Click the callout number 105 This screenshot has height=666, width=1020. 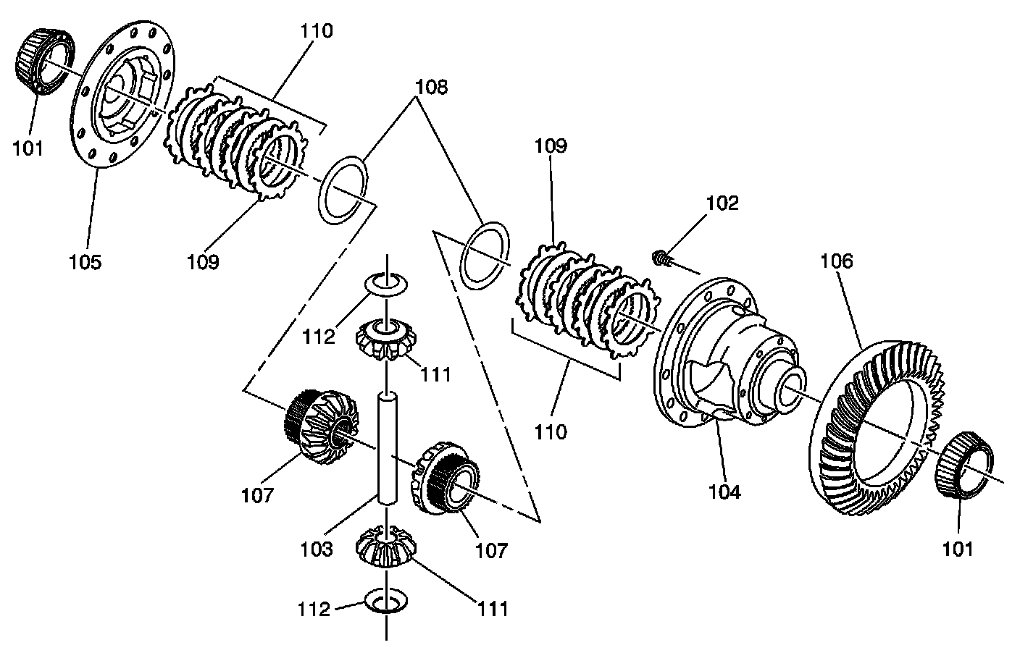coord(85,261)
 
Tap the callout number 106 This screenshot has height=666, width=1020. coord(837,261)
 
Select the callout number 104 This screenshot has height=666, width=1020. coord(724,492)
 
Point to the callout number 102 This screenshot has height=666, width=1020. coord(722,203)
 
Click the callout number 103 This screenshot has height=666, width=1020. coord(317,548)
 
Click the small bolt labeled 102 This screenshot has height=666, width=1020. coord(660,257)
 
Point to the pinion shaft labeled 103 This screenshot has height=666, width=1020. coord(388,449)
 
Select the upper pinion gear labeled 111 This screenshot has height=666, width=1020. coord(388,340)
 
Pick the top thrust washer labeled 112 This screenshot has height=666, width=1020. coord(388,283)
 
